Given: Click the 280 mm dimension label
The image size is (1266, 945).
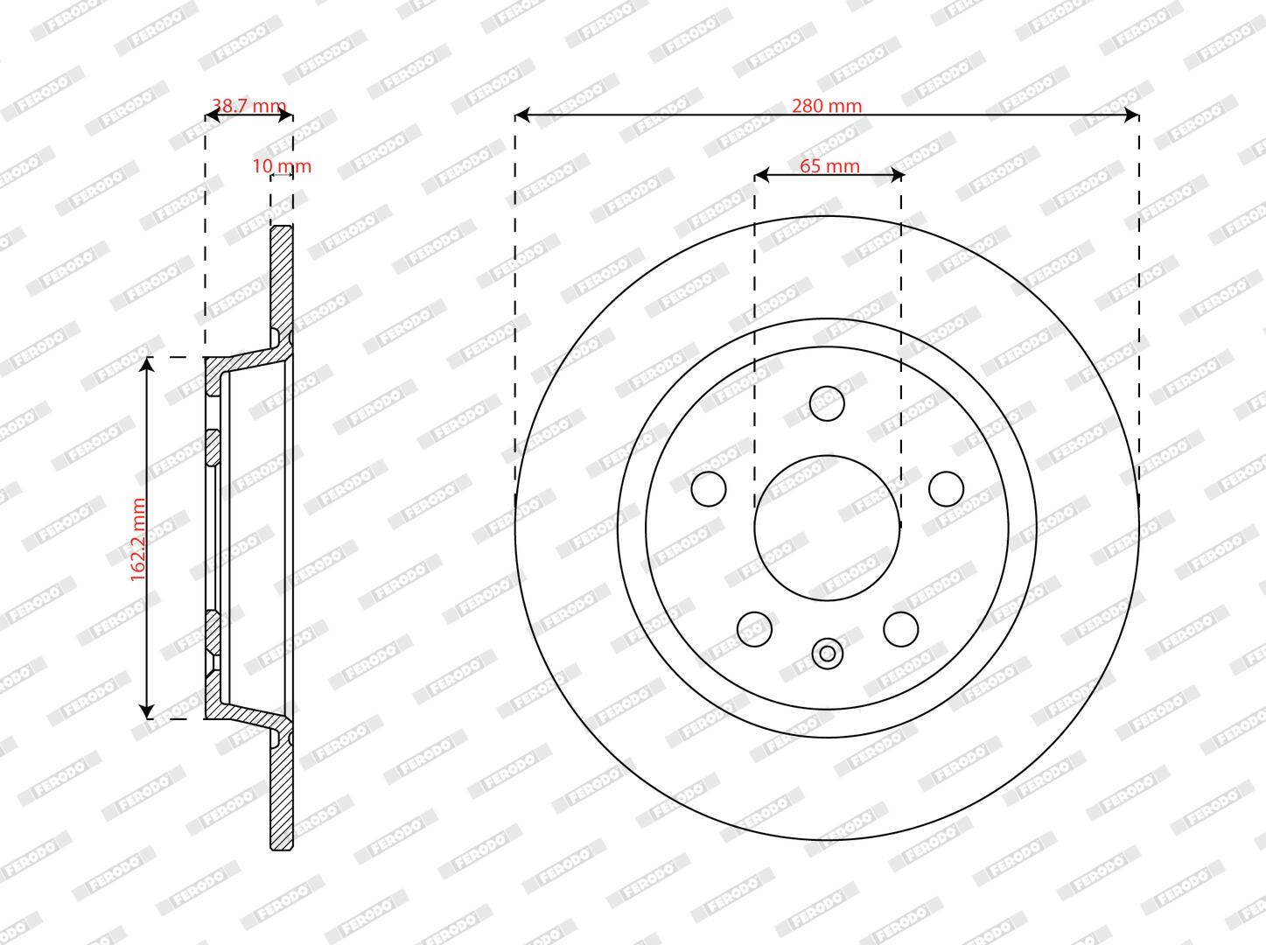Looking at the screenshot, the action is [x=827, y=106].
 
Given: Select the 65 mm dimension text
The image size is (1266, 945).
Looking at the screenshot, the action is [x=829, y=166].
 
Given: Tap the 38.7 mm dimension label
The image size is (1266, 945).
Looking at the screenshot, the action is [x=249, y=106].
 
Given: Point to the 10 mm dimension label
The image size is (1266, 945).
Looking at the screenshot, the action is [x=282, y=166].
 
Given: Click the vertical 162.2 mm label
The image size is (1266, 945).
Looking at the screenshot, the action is [x=137, y=539].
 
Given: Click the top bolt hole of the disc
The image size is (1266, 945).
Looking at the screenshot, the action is [x=827, y=403].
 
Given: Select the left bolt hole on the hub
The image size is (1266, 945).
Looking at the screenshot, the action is [x=709, y=489].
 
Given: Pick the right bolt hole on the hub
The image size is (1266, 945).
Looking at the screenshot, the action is [x=946, y=489].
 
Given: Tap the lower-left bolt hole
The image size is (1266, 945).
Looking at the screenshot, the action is [x=754, y=629].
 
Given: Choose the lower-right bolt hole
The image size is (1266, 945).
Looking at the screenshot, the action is [x=900, y=629].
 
